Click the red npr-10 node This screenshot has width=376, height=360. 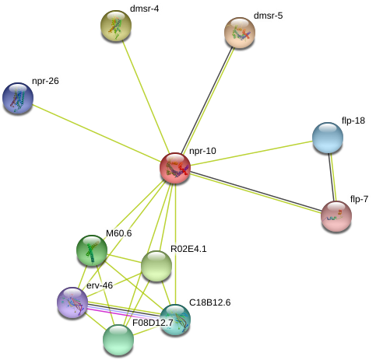tap(175, 168)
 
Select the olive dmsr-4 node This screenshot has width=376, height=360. tap(116, 26)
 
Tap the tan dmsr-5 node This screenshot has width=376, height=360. tap(240, 33)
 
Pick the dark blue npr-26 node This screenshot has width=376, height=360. tap(18, 98)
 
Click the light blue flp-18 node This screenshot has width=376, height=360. tap(328, 138)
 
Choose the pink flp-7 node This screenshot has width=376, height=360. tap(336, 216)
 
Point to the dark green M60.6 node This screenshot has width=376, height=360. tap(92, 250)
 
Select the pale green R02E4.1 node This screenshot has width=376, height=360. tap(156, 266)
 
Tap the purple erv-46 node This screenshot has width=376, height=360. tap(72, 302)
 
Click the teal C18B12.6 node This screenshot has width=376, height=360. tap(175, 320)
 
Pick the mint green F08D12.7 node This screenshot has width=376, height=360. tap(118, 340)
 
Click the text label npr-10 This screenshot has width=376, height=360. tap(202, 151)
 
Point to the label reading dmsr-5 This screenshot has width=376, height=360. tap(268, 16)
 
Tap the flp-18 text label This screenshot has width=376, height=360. tap(353, 121)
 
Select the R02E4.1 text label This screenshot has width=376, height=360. tap(188, 249)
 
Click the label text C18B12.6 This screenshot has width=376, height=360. tap(209, 302)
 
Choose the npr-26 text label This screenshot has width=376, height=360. tap(45, 81)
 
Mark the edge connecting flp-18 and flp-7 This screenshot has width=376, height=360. tap(332, 177)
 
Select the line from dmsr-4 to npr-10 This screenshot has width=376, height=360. tap(146, 97)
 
